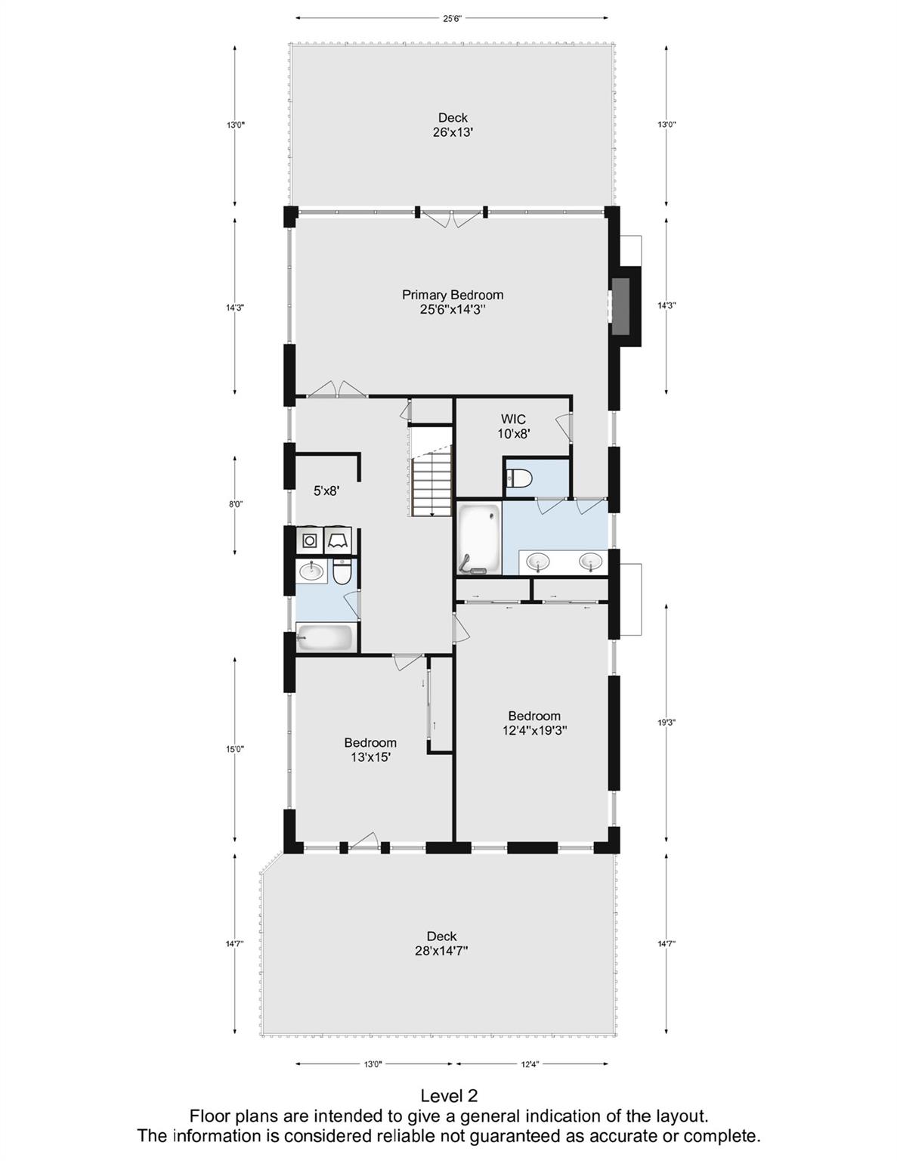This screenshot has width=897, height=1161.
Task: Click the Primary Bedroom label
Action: [452, 302]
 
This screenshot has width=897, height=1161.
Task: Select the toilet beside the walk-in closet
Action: [518, 478]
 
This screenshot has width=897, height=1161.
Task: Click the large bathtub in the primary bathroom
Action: [479, 538]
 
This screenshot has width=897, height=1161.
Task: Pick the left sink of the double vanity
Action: [538, 562]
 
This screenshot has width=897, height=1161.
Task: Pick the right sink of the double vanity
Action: [591, 562]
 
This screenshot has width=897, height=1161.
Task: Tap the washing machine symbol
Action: [310, 540]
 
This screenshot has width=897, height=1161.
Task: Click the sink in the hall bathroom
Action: [311, 571]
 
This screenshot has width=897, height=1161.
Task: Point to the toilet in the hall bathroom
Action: [342, 571]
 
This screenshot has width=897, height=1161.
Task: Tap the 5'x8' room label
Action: [326, 491]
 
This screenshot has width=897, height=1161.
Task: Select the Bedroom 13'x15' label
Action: [370, 750]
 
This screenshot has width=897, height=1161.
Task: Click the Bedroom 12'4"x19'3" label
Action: [534, 723]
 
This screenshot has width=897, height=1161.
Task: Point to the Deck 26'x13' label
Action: [453, 125]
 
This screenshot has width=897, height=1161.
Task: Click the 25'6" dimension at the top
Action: [452, 18]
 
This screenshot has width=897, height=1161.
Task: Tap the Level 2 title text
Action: [449, 1096]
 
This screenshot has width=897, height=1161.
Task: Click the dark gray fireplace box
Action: [620, 306]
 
